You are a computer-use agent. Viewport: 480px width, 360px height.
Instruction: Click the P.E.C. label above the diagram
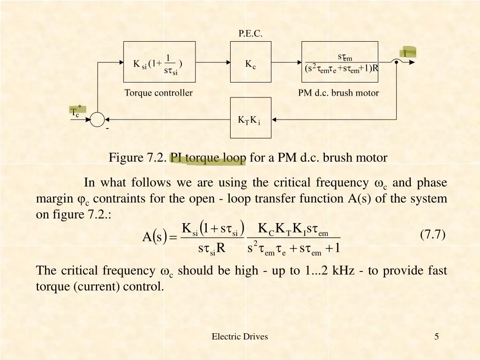[x=250, y=33]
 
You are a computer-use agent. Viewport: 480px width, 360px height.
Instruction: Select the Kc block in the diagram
[x=250, y=62]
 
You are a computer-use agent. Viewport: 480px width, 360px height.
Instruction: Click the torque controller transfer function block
[x=159, y=62]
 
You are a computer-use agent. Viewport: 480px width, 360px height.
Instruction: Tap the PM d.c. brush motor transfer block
[x=340, y=62]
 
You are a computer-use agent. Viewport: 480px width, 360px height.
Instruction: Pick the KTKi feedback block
[x=250, y=118]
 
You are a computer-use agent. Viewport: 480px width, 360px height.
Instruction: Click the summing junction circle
[x=97, y=120]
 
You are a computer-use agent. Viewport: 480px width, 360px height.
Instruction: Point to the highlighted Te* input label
[x=75, y=111]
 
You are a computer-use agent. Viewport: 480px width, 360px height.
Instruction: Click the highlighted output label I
[x=405, y=53]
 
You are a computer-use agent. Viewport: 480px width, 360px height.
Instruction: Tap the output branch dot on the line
[x=397, y=62]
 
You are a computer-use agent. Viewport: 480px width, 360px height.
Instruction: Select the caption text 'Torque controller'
[x=158, y=93]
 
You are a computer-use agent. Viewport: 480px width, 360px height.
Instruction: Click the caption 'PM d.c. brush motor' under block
[x=338, y=93]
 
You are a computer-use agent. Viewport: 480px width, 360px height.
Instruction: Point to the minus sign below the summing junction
[x=107, y=128]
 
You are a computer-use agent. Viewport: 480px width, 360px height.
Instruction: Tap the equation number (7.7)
[x=432, y=235]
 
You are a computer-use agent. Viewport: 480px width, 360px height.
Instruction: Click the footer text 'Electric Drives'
[x=240, y=336]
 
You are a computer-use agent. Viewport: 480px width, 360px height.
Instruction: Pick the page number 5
[x=436, y=336]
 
